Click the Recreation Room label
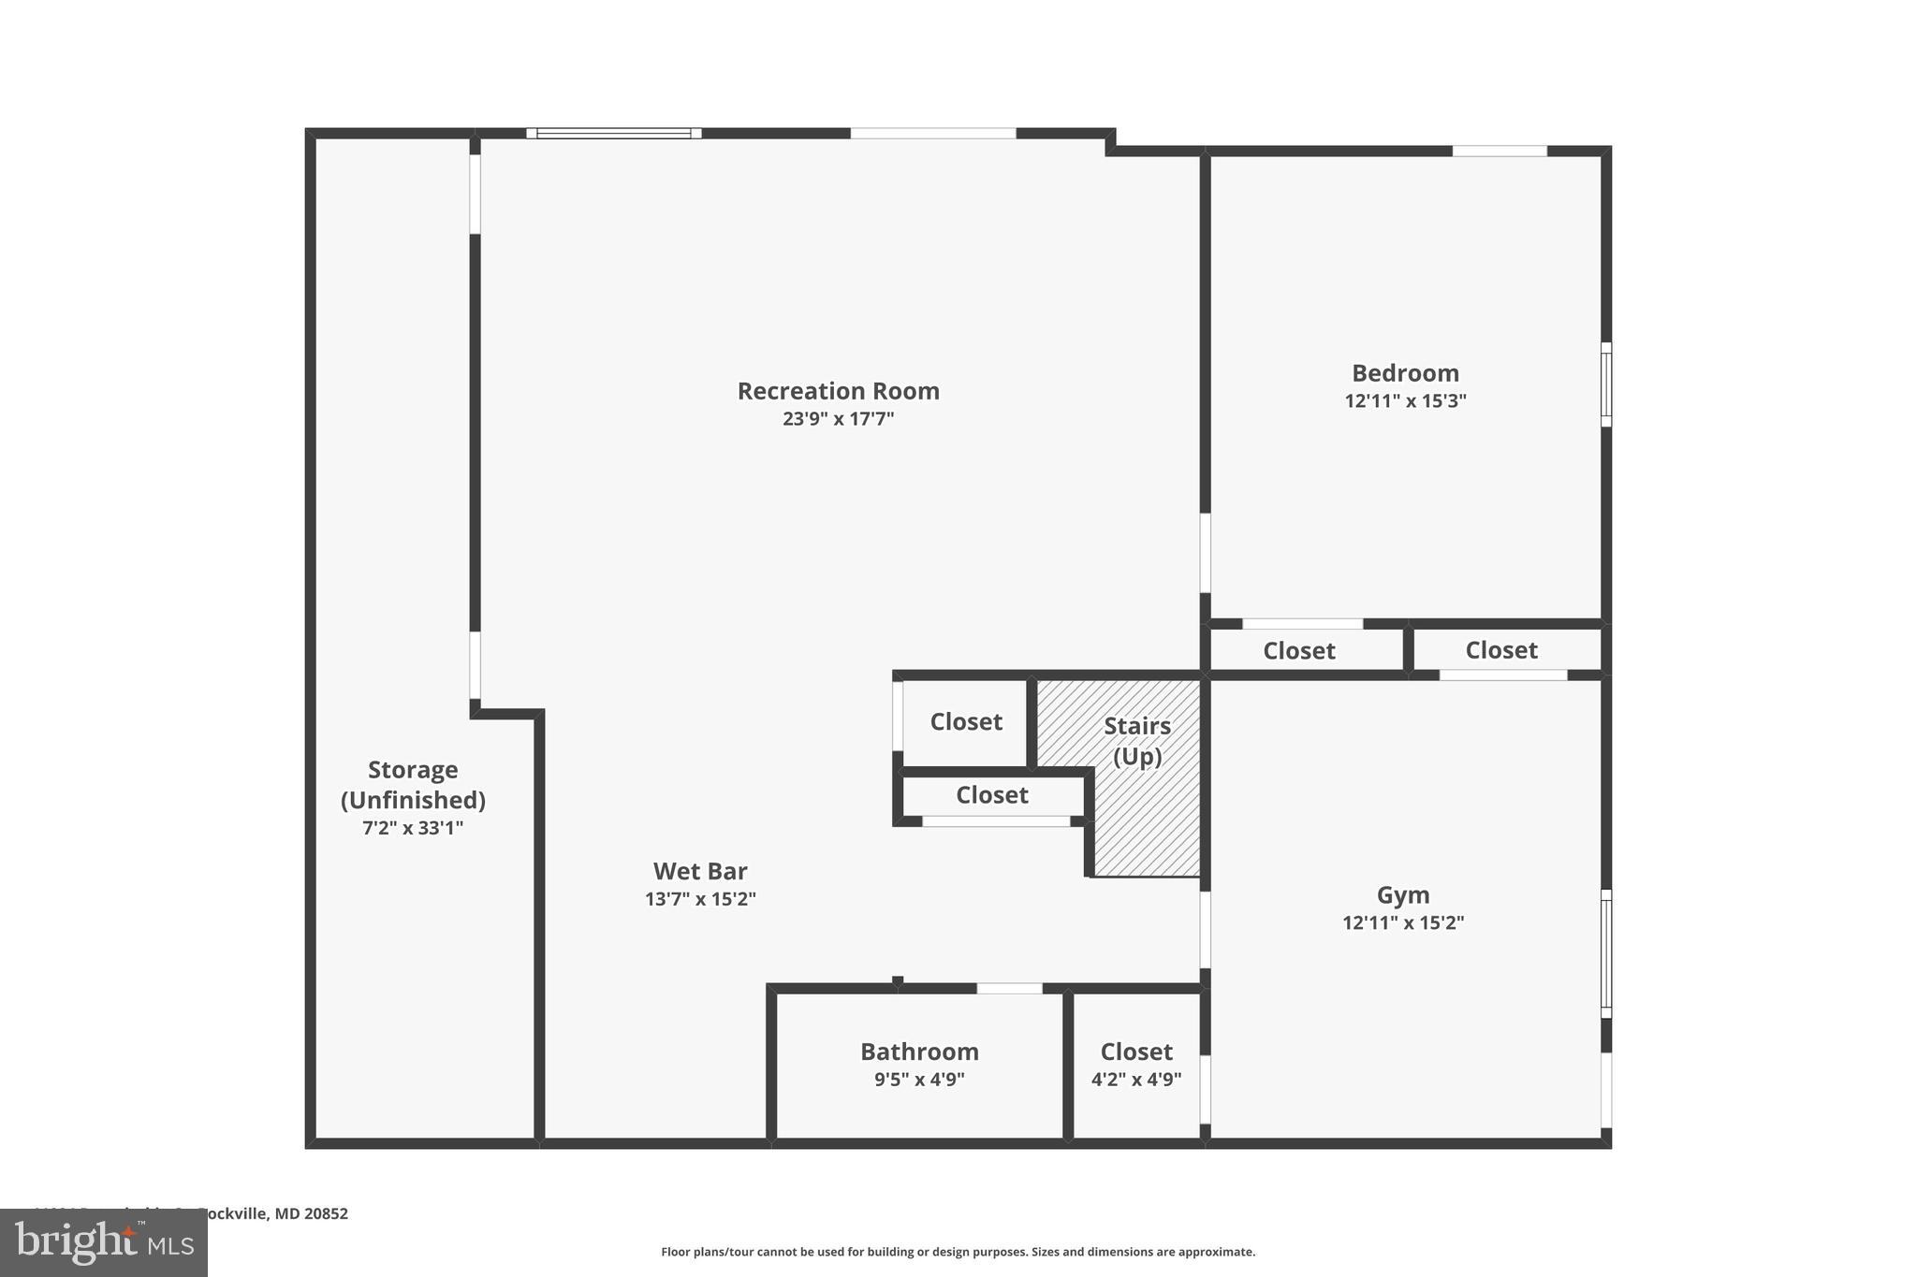click(x=838, y=391)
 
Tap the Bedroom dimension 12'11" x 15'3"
click(x=1405, y=401)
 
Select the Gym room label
click(x=1402, y=895)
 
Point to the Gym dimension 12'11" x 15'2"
click(x=1402, y=923)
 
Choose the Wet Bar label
click(x=700, y=872)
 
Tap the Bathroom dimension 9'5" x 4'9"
click(x=919, y=1080)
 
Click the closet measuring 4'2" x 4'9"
click(x=1135, y=1065)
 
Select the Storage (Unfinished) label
click(x=413, y=785)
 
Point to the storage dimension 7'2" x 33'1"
click(x=413, y=829)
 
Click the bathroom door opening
click(x=1009, y=989)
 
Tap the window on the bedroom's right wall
click(x=1605, y=385)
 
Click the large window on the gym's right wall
click(x=1605, y=953)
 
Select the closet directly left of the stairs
click(x=965, y=722)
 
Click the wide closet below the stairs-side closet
click(x=991, y=795)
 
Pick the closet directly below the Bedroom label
click(x=1298, y=651)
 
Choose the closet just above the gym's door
click(x=1500, y=650)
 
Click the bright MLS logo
click(x=104, y=1242)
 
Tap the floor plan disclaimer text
click(x=958, y=1252)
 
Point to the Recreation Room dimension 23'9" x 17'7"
click(x=838, y=419)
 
